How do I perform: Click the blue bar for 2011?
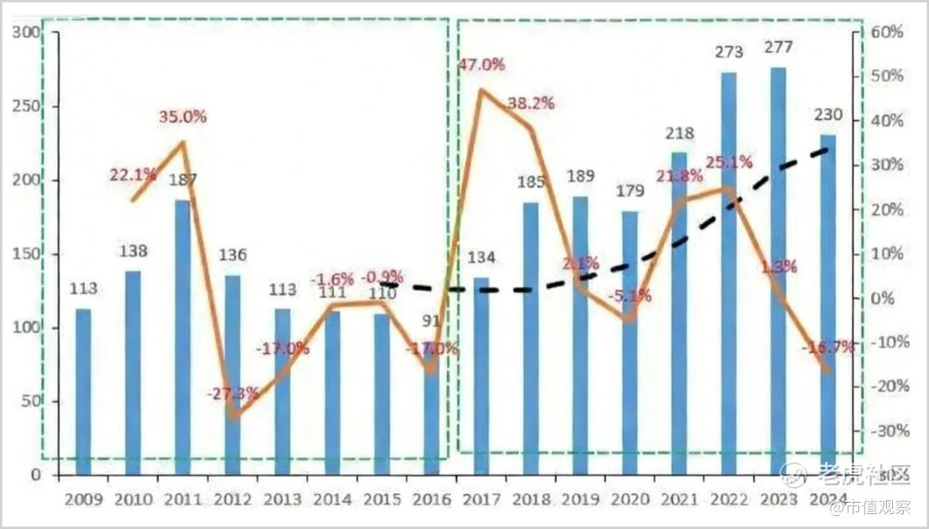tap(182, 337)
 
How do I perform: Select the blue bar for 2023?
tap(777, 272)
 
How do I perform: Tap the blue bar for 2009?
tap(82, 391)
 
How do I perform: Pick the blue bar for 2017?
tap(481, 377)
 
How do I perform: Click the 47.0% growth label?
tap(482, 64)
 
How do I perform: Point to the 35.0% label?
tap(182, 116)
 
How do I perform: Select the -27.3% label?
tap(232, 393)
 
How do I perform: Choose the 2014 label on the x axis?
tap(332, 500)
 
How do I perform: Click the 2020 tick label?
tap(632, 500)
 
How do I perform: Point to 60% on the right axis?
tap(886, 32)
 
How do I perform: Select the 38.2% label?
tap(531, 103)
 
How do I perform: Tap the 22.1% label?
tap(132, 175)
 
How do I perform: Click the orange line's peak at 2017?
tap(481, 89)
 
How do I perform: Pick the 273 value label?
tap(727, 53)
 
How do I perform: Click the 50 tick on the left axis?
tap(30, 402)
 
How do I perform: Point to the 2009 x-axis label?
tap(82, 500)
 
